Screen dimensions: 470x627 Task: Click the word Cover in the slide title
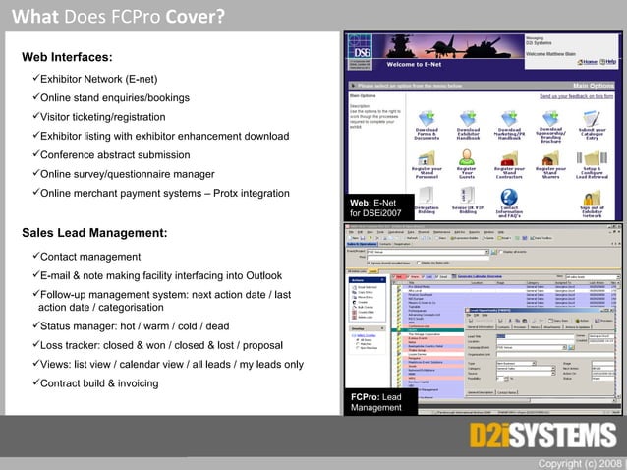tap(197, 16)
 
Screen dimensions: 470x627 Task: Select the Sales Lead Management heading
tap(94, 233)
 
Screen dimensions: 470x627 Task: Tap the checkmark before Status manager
tap(35, 325)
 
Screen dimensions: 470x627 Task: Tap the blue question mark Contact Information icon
tap(509, 195)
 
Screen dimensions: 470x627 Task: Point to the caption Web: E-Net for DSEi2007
tap(375, 206)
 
